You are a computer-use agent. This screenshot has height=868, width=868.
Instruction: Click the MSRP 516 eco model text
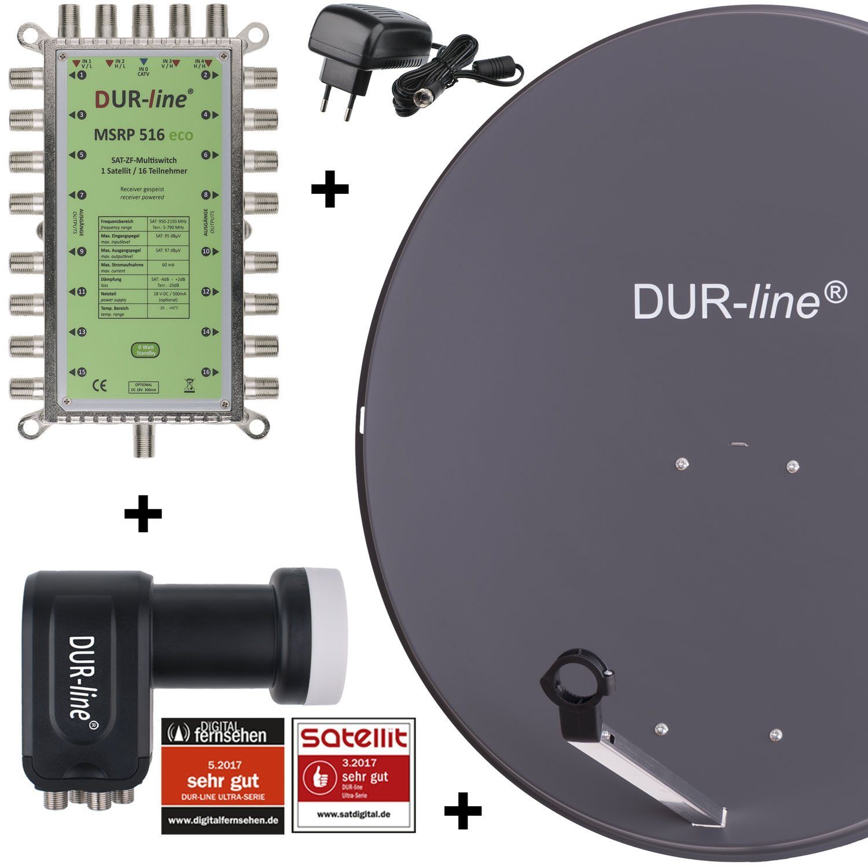click(x=144, y=135)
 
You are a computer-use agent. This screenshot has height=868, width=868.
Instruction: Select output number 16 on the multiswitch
click(x=206, y=372)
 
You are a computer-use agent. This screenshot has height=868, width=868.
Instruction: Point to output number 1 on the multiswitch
click(x=82, y=75)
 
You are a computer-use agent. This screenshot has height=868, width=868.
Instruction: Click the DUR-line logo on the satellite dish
click(x=740, y=300)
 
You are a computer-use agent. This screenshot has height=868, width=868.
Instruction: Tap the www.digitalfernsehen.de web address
click(x=223, y=819)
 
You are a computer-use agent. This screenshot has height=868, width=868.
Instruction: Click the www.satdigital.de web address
click(x=354, y=814)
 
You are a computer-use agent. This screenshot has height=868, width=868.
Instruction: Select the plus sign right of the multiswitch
click(x=330, y=188)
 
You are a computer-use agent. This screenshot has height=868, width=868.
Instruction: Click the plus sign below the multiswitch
click(x=143, y=513)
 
